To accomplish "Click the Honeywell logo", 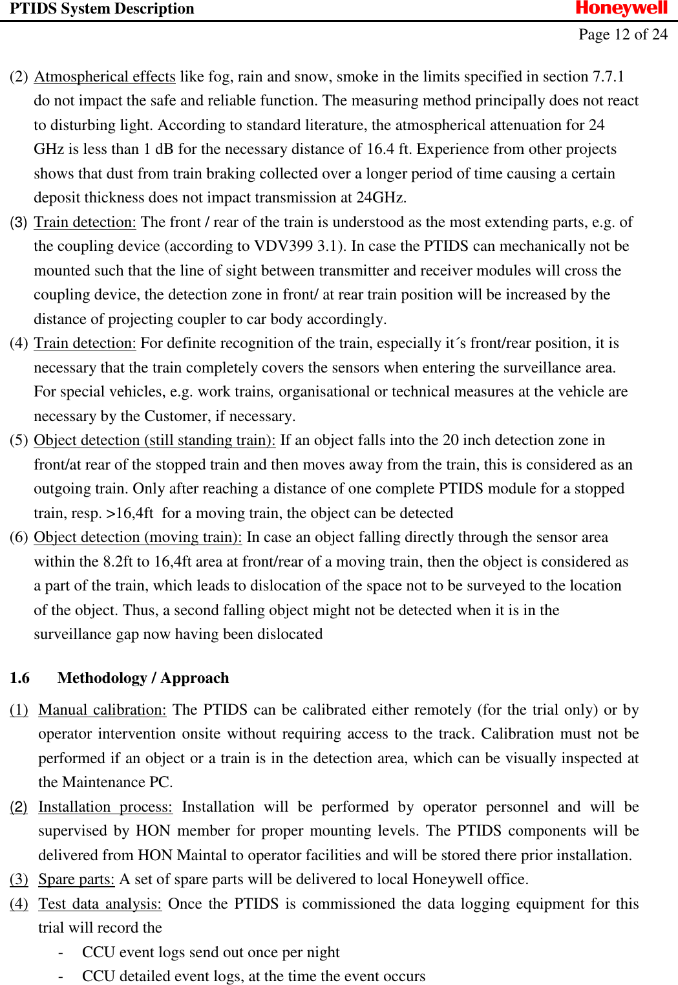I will coord(621,8).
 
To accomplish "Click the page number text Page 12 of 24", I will coord(622,34).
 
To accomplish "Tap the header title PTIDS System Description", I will coord(101,8).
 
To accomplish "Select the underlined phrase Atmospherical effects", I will coord(105,77).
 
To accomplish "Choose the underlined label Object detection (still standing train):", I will coord(154,440).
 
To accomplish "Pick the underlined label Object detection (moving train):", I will coord(138,537).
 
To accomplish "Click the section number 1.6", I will coord(19,678).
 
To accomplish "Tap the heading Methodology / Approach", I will coord(143,678).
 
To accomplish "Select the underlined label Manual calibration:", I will coord(102,710).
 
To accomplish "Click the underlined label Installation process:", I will coord(105,807).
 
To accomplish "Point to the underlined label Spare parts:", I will coord(76,880).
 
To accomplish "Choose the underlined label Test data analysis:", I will coord(100,904).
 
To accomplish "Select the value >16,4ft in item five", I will coord(130,514).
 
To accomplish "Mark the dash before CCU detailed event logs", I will coord(60,977).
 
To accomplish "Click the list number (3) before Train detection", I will coord(19,222).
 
